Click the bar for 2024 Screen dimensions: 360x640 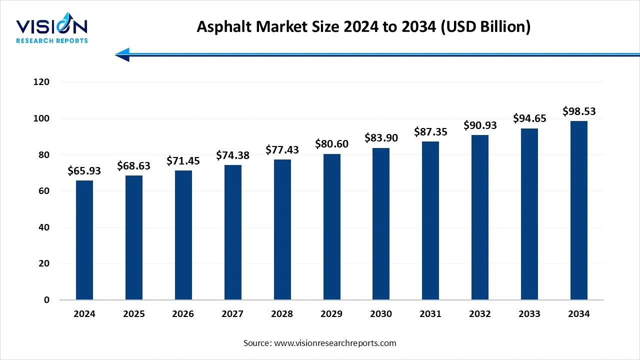click(x=84, y=240)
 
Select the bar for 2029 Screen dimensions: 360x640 click(x=331, y=227)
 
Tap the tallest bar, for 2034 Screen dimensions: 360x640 click(x=578, y=210)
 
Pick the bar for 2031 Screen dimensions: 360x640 click(x=430, y=220)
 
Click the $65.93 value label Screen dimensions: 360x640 click(x=84, y=171)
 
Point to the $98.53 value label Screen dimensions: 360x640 click(x=579, y=111)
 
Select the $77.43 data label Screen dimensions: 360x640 click(x=282, y=150)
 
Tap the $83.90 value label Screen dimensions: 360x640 click(x=381, y=138)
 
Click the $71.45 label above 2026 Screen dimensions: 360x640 click(x=183, y=161)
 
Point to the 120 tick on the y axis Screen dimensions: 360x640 click(x=42, y=82)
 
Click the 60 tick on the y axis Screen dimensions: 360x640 click(x=44, y=191)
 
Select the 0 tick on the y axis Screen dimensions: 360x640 click(x=46, y=300)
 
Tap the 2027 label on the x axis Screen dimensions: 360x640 click(x=232, y=314)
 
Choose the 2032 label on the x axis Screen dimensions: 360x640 click(x=480, y=314)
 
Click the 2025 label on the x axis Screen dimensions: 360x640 click(x=133, y=314)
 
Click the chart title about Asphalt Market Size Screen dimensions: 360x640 click(x=363, y=26)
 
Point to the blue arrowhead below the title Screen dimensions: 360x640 click(x=123, y=54)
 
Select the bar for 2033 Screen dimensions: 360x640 click(x=529, y=214)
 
